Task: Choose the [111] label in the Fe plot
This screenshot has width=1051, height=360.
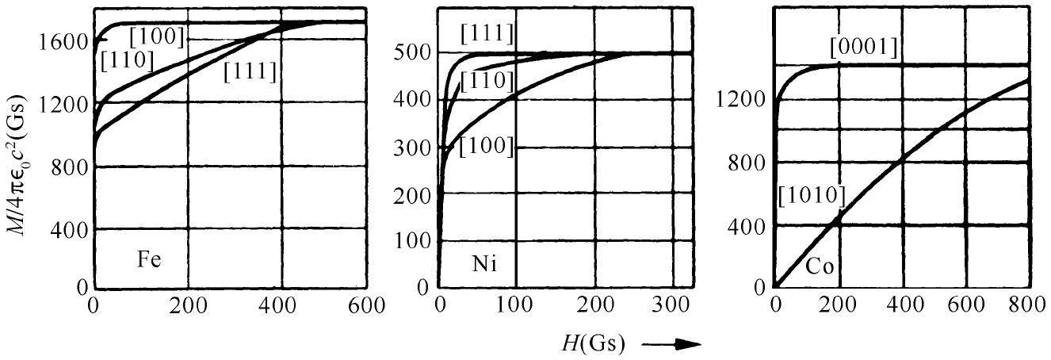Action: point(250,72)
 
